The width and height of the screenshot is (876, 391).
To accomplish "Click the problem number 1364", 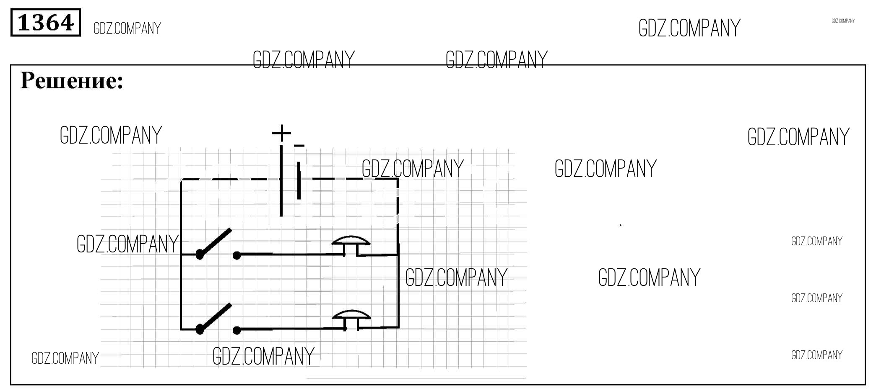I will pyautogui.click(x=45, y=23).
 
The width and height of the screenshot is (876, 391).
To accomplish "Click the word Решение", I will pyautogui.click(x=72, y=80).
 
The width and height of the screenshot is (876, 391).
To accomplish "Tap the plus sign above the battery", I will pyautogui.click(x=281, y=133).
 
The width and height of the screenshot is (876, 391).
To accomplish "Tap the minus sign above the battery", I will pyautogui.click(x=299, y=146).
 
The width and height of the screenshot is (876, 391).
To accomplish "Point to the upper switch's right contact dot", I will pyautogui.click(x=237, y=255).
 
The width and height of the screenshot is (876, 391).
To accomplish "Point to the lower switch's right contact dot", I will pyautogui.click(x=237, y=330).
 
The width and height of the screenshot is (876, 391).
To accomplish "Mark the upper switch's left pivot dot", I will pyautogui.click(x=200, y=254).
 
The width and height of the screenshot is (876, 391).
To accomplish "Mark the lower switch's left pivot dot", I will pyautogui.click(x=200, y=329).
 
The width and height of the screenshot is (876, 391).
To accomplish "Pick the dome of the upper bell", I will pyautogui.click(x=351, y=240).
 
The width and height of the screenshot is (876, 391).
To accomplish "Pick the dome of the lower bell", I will pyautogui.click(x=351, y=314).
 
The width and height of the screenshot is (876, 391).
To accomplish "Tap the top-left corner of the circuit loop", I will pyautogui.click(x=181, y=180).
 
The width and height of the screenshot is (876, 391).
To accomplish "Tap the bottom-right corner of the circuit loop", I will pyautogui.click(x=398, y=327).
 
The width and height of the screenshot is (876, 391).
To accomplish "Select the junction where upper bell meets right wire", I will pyautogui.click(x=398, y=255).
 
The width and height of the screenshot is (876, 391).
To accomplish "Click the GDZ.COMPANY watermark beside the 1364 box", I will pyautogui.click(x=127, y=28).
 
